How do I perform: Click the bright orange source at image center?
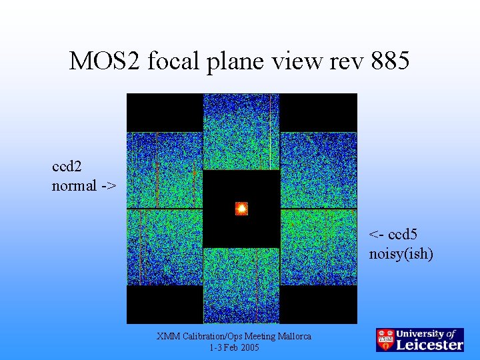pyautogui.click(x=241, y=209)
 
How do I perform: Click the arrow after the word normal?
pyautogui.click(x=108, y=186)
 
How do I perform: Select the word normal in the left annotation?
pyautogui.click(x=74, y=186)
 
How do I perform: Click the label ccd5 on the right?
pyautogui.click(x=403, y=235)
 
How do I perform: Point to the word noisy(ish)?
pyautogui.click(x=401, y=254)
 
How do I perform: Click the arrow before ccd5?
pyautogui.click(x=377, y=235)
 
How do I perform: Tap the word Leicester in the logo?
pyautogui.click(x=430, y=345)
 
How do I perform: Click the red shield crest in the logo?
pyautogui.click(x=385, y=339)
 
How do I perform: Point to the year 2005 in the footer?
pyautogui.click(x=249, y=348)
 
